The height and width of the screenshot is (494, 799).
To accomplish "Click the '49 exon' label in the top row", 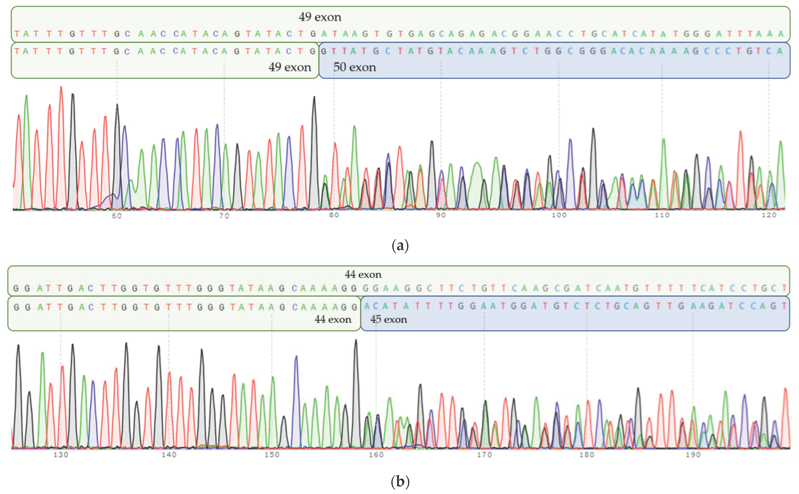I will point(320,17).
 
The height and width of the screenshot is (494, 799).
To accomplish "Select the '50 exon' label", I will point(354,67).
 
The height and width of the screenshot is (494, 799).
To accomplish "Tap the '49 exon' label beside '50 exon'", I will point(290,67).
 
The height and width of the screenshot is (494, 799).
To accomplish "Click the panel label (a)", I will point(400,246).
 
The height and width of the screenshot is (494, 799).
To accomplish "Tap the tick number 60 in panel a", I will point(117,216).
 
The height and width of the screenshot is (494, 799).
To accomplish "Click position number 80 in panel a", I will point(334,215).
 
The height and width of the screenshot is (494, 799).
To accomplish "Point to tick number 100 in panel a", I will point(559,215).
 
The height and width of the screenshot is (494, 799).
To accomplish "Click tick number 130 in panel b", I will point(61,455).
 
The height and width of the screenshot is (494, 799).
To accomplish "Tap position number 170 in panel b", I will point(484,455).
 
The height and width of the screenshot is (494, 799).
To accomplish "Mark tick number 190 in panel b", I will point(693,455).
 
